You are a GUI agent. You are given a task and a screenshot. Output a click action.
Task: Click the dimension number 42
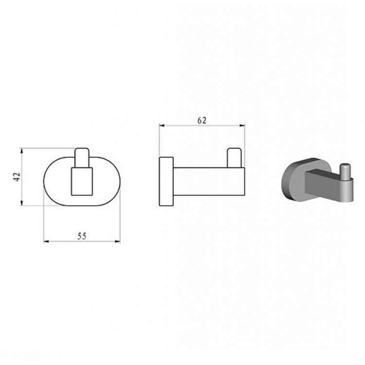(x=17, y=177)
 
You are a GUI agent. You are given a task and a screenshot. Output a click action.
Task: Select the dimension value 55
(x=82, y=236)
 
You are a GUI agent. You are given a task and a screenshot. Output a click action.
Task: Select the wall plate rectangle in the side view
(x=166, y=182)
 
